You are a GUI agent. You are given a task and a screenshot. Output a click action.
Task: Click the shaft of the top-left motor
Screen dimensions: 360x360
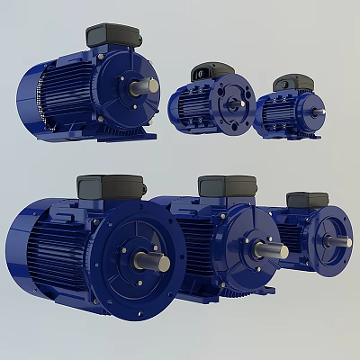pyautogui.click(x=147, y=86)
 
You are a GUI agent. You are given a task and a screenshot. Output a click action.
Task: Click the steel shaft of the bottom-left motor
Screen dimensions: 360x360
pyautogui.click(x=153, y=263)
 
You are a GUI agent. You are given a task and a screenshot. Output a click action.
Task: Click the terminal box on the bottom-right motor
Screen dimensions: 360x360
pyautogui.click(x=306, y=200)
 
